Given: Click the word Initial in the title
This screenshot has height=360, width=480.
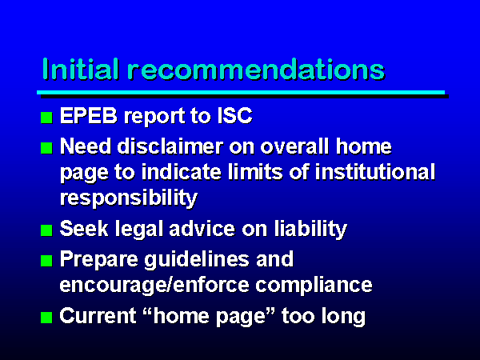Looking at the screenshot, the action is [x=81, y=69].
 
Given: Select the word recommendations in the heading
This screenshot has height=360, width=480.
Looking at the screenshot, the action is [x=256, y=69].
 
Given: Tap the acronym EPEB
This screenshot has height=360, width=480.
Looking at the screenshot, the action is [x=89, y=116].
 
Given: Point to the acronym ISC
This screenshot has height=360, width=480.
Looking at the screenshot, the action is [x=234, y=116].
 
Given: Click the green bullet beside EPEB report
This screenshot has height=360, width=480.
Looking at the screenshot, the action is [x=46, y=118].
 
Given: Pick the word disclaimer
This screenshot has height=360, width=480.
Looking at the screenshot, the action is [x=170, y=146].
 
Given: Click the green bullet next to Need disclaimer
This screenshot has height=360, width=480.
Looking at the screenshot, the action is [x=46, y=148].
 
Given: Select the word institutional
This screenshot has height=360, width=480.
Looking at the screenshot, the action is [x=375, y=171].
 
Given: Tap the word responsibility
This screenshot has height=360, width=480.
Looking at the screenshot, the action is [x=129, y=198].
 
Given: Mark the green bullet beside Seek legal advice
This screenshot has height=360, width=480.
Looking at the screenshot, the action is [x=46, y=230].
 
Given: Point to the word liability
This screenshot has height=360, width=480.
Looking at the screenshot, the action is [x=310, y=230].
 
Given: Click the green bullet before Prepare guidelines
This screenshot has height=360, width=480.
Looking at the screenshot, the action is [x=46, y=261].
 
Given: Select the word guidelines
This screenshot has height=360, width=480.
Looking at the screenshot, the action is [x=197, y=260].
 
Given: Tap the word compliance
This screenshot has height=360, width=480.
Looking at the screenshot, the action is [x=314, y=286].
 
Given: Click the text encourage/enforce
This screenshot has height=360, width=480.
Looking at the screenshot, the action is [x=154, y=286].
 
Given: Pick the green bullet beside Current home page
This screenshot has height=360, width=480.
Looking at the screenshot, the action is [x=46, y=318].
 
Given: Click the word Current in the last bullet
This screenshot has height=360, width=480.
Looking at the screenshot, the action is [x=98, y=316].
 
